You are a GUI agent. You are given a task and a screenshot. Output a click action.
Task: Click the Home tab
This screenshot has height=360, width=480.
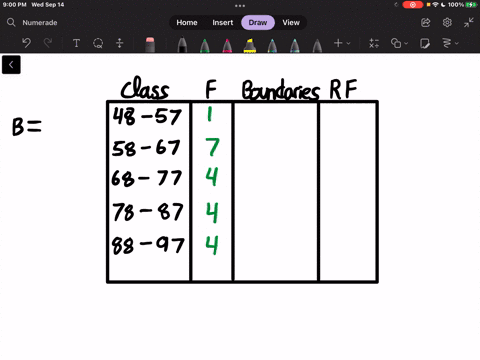187,22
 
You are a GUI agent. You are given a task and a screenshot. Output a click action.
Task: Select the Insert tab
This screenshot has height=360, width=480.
222,22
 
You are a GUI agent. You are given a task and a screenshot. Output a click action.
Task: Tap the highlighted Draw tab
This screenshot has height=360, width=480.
257,22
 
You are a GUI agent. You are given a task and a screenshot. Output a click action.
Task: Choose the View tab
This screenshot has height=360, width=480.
291,22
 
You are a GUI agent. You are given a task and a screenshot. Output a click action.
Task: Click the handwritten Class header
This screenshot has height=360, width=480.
145,90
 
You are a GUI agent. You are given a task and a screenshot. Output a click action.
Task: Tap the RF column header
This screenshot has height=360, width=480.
345,90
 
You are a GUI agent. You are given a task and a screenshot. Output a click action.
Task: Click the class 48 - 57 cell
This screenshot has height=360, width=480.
147,117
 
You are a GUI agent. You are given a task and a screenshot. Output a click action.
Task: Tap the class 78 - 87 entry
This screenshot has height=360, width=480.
147,213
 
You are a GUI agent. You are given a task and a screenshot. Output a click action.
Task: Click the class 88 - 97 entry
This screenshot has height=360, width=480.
147,244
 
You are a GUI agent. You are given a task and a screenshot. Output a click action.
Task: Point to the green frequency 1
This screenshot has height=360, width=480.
210,117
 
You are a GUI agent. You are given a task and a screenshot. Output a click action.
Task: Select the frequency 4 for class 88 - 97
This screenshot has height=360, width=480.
211,244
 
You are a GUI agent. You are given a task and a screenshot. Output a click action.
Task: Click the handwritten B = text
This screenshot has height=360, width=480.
26,127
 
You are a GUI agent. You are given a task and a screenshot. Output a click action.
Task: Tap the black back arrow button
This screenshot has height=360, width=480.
11,65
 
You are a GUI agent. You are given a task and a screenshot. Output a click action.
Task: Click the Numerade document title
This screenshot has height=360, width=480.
41,22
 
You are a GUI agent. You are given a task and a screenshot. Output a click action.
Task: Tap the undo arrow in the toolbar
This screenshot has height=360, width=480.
26,43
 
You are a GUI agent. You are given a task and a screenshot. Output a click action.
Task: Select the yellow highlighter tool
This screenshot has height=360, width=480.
249,44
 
